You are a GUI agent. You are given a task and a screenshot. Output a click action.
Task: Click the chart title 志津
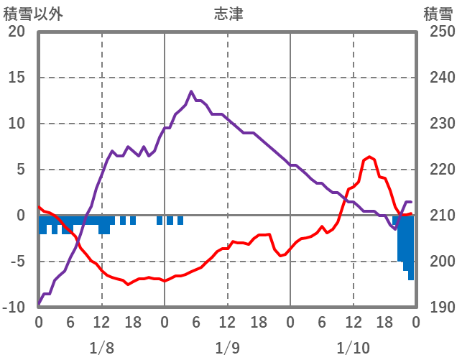[228, 14]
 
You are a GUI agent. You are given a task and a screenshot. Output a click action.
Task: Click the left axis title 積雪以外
[29, 14]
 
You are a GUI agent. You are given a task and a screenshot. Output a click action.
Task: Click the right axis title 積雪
[438, 14]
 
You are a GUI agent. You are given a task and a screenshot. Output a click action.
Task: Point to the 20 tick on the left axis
[16, 32]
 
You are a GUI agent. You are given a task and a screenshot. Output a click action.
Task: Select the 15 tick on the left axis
[16, 78]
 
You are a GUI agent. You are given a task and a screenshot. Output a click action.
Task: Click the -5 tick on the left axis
[16, 262]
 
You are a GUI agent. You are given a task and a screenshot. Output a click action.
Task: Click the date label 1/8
[101, 348]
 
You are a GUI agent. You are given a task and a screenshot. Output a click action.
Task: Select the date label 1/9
[227, 348]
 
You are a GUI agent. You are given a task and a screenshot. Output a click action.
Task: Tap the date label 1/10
[353, 348]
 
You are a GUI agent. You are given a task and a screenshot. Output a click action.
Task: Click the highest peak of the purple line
[191, 91]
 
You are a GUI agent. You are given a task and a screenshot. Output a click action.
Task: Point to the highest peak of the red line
[369, 157]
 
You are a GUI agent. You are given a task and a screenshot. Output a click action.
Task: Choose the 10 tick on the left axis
[16, 124]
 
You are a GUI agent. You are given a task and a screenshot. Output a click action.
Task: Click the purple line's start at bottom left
[39, 303]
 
